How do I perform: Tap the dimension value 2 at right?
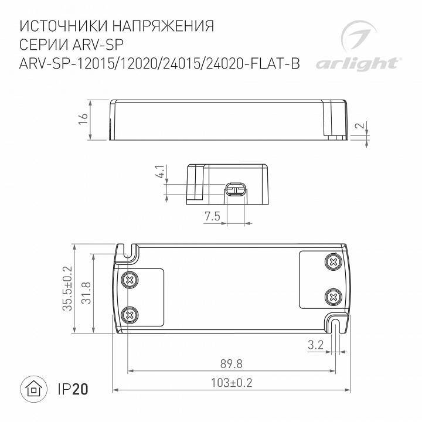pyautogui.click(x=362, y=127)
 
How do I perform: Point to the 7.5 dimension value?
pyautogui.click(x=212, y=216)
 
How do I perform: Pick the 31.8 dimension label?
pyautogui.click(x=86, y=293)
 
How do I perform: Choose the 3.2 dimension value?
pyautogui.click(x=315, y=345)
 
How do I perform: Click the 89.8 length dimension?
pyautogui.click(x=232, y=364)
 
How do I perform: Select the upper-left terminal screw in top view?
pyautogui.click(x=128, y=281)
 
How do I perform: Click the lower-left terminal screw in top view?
pyautogui.click(x=128, y=315)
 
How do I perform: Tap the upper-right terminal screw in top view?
pyautogui.click(x=333, y=261)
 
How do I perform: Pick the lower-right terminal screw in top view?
pyautogui.click(x=333, y=295)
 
